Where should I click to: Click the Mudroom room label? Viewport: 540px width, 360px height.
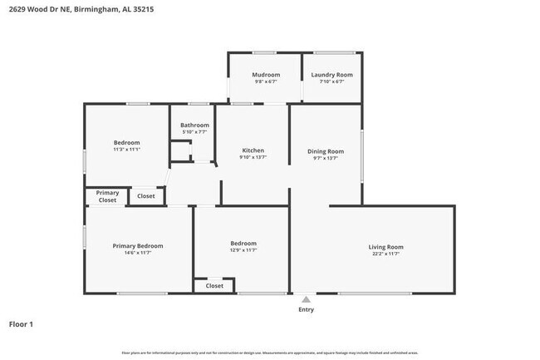click(266, 75)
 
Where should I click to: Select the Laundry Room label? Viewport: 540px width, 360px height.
click(331, 75)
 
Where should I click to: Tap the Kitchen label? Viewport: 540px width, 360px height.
click(253, 150)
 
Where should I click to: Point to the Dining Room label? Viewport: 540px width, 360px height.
click(325, 150)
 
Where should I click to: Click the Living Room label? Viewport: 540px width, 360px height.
click(385, 247)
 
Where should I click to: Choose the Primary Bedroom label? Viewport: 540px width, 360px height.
click(138, 246)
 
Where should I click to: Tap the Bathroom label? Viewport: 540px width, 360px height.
click(194, 125)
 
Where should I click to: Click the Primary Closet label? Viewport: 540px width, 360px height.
click(107, 196)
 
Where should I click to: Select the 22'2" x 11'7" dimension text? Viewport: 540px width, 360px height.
click(385, 254)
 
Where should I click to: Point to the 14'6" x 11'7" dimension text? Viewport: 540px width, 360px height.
click(138, 253)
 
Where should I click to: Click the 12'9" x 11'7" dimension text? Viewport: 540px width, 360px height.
click(243, 250)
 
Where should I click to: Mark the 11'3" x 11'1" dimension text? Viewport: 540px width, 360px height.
click(126, 150)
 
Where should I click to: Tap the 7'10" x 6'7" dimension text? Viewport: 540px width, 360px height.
click(331, 81)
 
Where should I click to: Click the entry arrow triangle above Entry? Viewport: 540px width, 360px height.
click(306, 299)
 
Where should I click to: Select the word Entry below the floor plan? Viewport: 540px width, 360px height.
click(307, 309)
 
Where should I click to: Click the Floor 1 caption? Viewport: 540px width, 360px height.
click(22, 324)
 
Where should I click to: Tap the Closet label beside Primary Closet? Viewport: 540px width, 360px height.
click(145, 196)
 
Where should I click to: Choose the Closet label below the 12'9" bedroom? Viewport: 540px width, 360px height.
click(214, 285)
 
